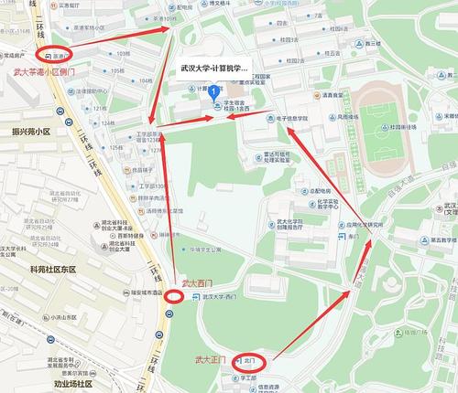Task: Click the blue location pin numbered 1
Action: point(214,91)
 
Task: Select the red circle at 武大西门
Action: point(172,296)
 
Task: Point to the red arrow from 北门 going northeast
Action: point(311,321)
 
